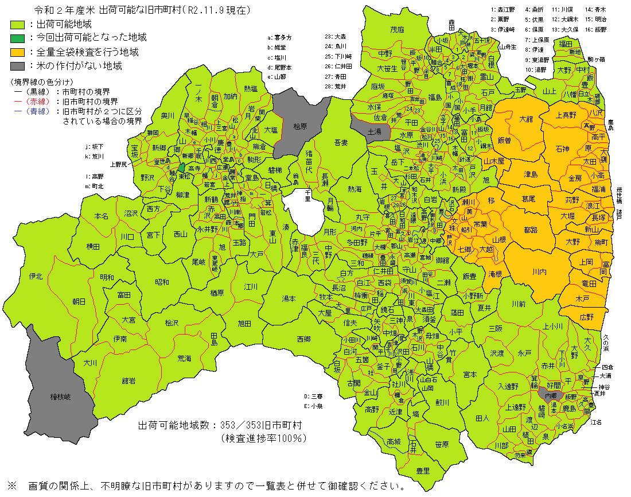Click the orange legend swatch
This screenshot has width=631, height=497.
point(18,52)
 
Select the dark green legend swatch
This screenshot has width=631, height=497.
point(18,38)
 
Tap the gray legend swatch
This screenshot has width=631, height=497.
point(18,65)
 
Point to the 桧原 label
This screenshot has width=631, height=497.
point(300,126)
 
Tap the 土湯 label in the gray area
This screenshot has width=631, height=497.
point(374,131)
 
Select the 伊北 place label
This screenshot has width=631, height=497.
point(36,276)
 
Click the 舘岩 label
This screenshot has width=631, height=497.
point(128,380)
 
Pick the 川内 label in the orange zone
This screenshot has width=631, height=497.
point(539,271)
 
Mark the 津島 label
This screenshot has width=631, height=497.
point(531,173)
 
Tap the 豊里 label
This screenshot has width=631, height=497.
point(423,471)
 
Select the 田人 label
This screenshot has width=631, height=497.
point(482,418)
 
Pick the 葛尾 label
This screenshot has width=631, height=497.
point(528,198)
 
